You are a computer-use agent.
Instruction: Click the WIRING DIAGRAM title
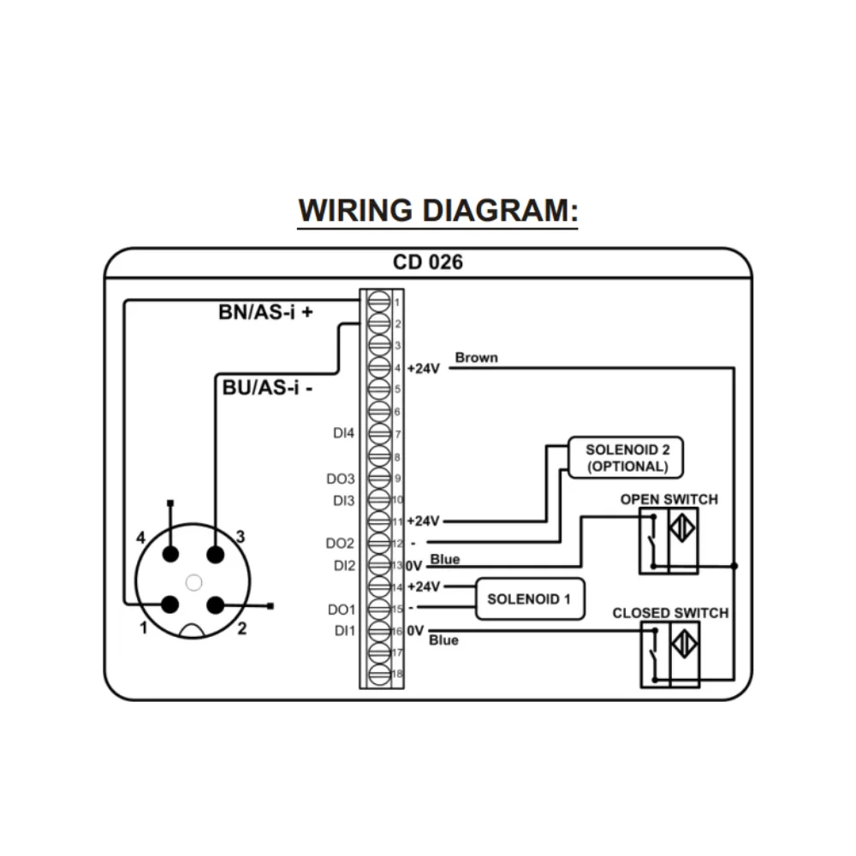coord(437,211)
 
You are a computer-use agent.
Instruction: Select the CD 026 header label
coord(428,262)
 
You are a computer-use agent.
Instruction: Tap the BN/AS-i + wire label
coord(266,312)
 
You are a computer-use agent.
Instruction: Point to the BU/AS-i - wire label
coord(267,388)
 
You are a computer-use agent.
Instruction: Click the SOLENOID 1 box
coord(529,598)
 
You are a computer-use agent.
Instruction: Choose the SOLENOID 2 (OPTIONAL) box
coord(627,458)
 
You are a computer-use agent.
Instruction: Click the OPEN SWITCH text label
coord(669,499)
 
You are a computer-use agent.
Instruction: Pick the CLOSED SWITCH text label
coord(670,613)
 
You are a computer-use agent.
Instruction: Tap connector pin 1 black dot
coord(170,605)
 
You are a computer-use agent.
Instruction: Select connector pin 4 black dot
coord(170,555)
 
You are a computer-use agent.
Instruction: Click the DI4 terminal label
coord(343,434)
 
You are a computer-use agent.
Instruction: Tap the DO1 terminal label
coord(342,609)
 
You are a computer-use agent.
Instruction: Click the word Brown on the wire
coord(476,357)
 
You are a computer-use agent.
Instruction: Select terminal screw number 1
coord(379,301)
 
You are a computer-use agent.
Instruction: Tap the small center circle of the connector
coord(193,582)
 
